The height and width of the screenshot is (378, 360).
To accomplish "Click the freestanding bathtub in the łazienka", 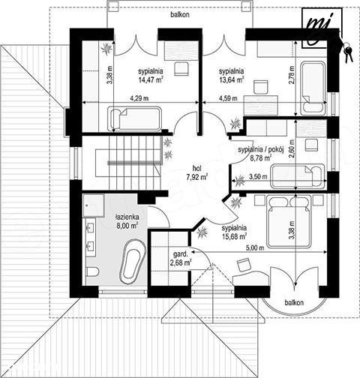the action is (133, 261).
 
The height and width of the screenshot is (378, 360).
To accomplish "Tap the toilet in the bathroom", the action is (93, 271).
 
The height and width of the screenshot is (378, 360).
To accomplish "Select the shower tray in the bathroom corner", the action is (94, 205).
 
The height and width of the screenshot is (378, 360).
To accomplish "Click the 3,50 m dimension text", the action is (258, 176).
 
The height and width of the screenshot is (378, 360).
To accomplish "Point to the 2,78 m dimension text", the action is (292, 74).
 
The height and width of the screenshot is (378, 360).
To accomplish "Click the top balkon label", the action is (180, 14).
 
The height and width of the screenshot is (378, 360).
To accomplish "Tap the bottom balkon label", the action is (294, 302).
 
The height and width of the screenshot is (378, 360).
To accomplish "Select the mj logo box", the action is (322, 28).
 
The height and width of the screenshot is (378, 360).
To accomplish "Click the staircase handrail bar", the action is (133, 163).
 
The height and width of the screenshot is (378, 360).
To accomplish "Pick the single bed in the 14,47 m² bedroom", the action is (135, 118).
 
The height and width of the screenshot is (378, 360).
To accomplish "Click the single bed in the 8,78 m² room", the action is (298, 175).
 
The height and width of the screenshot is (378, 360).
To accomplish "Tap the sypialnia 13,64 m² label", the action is (231, 75).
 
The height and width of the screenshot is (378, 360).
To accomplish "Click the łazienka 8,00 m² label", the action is (127, 221).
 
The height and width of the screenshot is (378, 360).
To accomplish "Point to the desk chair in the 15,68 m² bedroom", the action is (244, 265).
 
